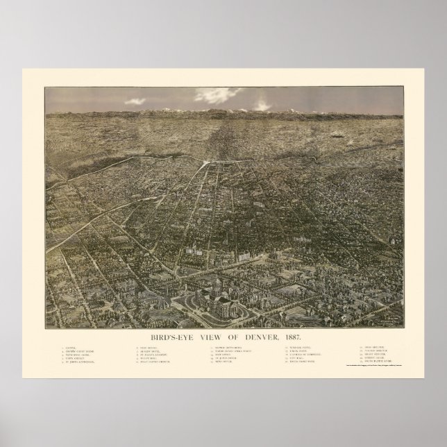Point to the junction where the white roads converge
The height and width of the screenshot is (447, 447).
coord(207,165)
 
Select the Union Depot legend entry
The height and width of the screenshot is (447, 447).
coord(299,351)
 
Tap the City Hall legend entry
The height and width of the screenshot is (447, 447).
coord(298,358)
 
